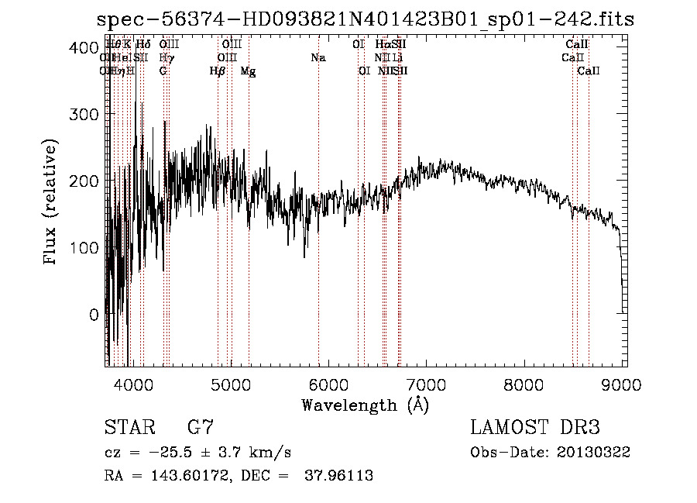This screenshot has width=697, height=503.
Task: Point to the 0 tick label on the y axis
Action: pos(93,314)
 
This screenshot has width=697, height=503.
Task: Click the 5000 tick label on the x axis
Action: pos(231,384)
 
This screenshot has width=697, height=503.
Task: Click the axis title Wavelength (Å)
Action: pos(365,405)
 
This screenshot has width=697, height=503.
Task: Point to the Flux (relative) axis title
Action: pos(52,203)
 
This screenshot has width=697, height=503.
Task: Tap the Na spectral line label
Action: pos(318,57)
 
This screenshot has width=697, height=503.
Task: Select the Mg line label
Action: pos(248,71)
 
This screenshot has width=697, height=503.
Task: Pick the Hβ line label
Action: pos(218,71)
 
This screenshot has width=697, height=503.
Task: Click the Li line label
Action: pos(397,57)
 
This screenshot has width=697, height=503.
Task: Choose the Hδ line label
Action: pos(143,44)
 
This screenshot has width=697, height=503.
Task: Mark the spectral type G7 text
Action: pos(201,428)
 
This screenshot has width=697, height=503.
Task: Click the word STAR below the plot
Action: pos(128,428)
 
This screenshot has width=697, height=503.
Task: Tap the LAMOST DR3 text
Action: pos(534,428)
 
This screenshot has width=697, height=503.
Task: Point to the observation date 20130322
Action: pos(596,452)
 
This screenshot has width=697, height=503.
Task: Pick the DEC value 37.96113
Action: pos(341,476)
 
